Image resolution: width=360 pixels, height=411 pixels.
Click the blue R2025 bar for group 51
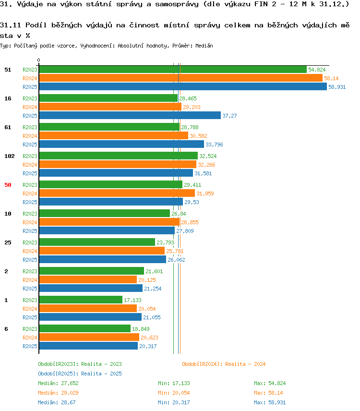[x=183, y=87]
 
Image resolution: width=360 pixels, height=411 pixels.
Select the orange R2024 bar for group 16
[x=110, y=107]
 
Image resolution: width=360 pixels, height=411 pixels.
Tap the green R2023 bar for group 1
[x=81, y=300]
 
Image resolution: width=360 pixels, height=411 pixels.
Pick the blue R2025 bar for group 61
[x=121, y=145]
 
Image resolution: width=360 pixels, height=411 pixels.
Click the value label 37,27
[x=229, y=116]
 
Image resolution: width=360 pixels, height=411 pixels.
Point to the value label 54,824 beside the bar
[x=317, y=70]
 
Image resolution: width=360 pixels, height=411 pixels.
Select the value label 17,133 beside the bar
[x=132, y=300]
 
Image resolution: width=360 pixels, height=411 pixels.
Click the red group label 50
[x=8, y=185]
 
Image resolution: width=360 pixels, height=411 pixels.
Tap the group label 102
[x=10, y=156]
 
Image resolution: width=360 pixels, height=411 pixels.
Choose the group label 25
[x=8, y=243]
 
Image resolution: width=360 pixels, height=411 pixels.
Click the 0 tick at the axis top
[x=39, y=60]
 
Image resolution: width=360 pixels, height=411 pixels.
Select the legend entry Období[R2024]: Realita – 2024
[x=224, y=364]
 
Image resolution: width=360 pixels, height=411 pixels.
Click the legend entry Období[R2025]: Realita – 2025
[x=80, y=374]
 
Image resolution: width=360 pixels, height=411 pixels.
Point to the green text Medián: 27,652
[x=58, y=383]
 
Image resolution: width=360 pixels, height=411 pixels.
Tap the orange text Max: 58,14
[x=268, y=393]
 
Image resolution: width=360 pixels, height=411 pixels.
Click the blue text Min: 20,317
[x=174, y=402]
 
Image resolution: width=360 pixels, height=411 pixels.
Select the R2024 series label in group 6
[x=30, y=338]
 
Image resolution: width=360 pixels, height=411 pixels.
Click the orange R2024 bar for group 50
[x=117, y=193]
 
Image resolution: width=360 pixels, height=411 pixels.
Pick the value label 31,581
[x=203, y=173]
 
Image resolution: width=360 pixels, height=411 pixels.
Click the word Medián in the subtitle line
[x=204, y=46]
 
